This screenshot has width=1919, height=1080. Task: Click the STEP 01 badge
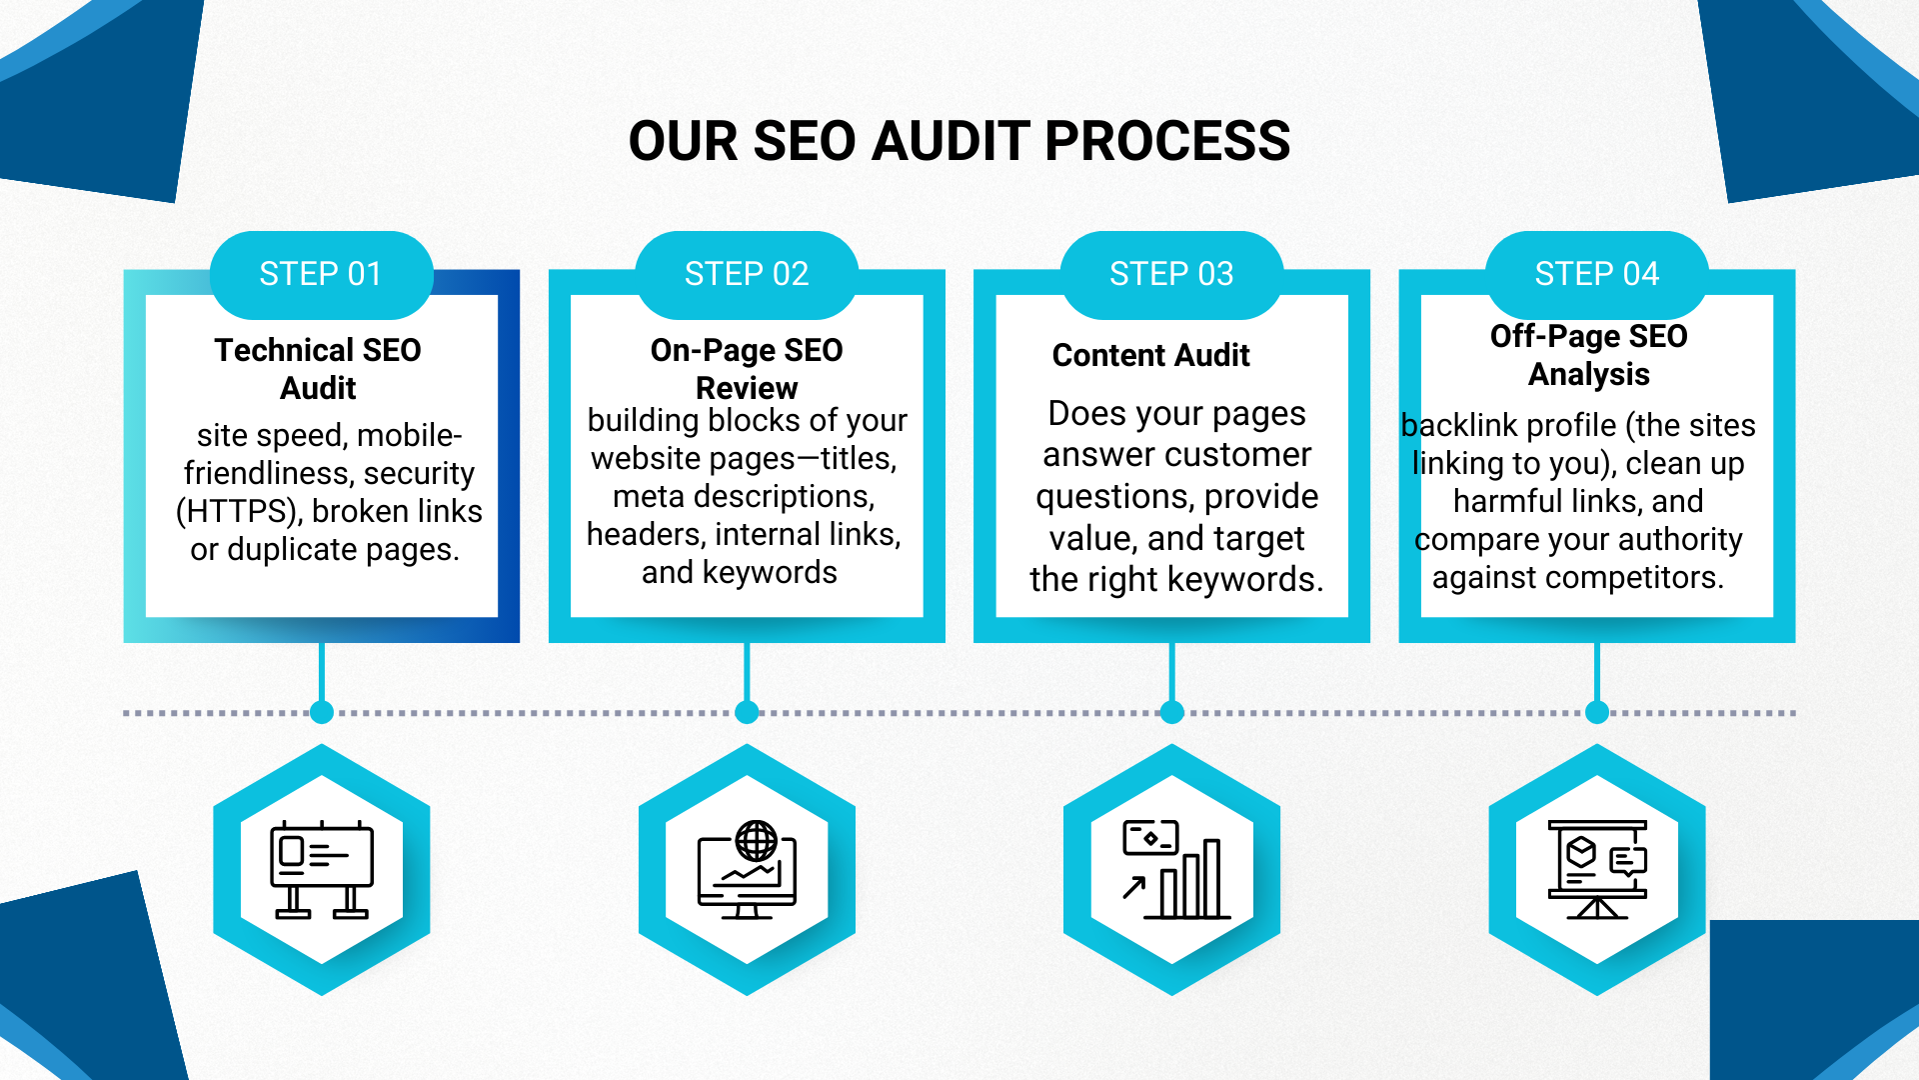321,274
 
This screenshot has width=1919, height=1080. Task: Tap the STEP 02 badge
747,274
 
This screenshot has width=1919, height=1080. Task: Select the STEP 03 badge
1171,274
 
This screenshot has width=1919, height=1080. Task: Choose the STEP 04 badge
1596,274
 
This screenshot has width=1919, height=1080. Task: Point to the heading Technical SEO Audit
318,368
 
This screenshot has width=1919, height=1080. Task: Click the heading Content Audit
1150,355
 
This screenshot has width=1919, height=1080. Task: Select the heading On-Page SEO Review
747,368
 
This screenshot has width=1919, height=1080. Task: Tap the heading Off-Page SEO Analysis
1588,354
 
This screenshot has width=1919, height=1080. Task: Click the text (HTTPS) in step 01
238,512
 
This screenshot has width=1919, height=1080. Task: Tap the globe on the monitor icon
757,841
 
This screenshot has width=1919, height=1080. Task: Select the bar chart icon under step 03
1189,880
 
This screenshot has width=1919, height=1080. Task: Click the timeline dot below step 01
322,712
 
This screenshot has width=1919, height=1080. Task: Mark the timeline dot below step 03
1172,712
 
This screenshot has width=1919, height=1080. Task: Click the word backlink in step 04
1459,426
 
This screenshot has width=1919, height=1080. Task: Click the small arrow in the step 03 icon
1133,887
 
